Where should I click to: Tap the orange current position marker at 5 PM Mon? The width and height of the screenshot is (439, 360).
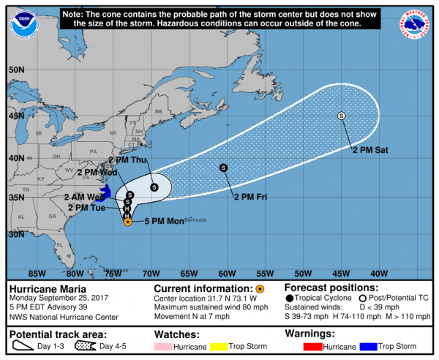coord(128,222)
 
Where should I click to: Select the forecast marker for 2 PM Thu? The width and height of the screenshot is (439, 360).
coord(154,187)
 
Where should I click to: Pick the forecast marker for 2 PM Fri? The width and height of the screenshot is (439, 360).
coord(223,168)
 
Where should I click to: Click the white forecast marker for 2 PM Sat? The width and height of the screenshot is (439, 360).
coord(341,116)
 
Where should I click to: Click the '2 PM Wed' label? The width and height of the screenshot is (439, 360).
coord(97,173)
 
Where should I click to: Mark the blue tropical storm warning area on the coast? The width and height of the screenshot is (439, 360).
coord(105,193)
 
